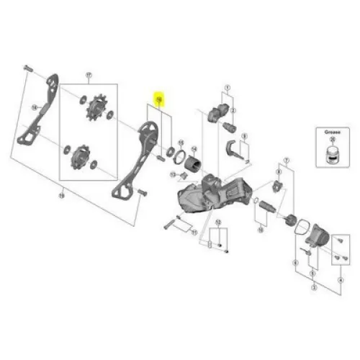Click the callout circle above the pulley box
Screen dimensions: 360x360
click(x=89, y=75)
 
